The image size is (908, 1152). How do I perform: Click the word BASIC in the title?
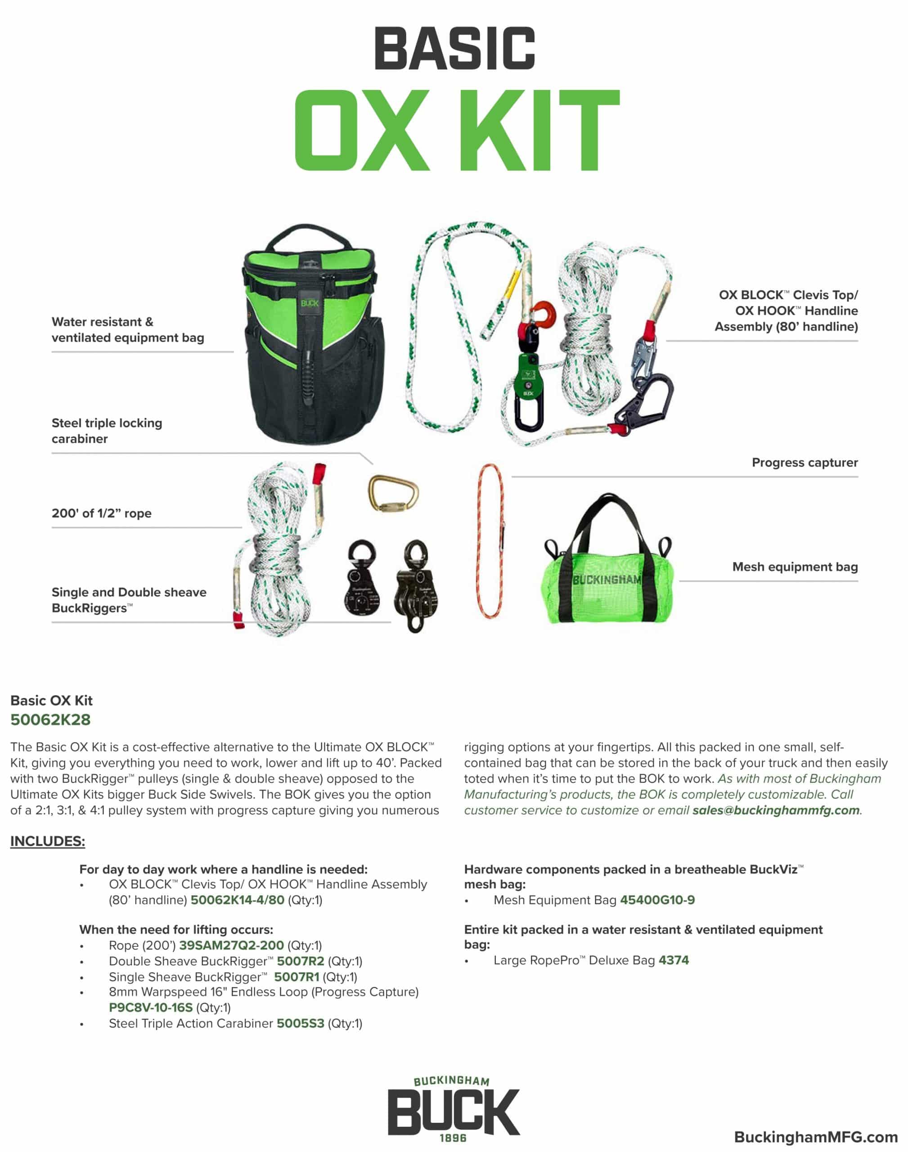pos(454,49)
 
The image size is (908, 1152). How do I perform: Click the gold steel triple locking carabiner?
pos(392,493)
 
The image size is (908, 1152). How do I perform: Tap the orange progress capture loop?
pos(490,540)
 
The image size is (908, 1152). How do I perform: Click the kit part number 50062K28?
pos(50,720)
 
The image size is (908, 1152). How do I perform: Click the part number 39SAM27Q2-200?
pos(231,945)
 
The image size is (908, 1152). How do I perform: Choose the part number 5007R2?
pos(301,961)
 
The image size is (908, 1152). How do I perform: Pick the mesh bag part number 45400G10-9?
pos(657,900)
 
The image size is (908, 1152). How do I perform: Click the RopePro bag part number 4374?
pos(673,960)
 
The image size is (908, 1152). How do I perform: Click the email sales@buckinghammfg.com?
pos(775,810)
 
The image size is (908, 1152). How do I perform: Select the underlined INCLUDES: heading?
pos(48,841)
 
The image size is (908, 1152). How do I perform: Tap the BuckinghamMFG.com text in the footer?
pos(815,1137)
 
